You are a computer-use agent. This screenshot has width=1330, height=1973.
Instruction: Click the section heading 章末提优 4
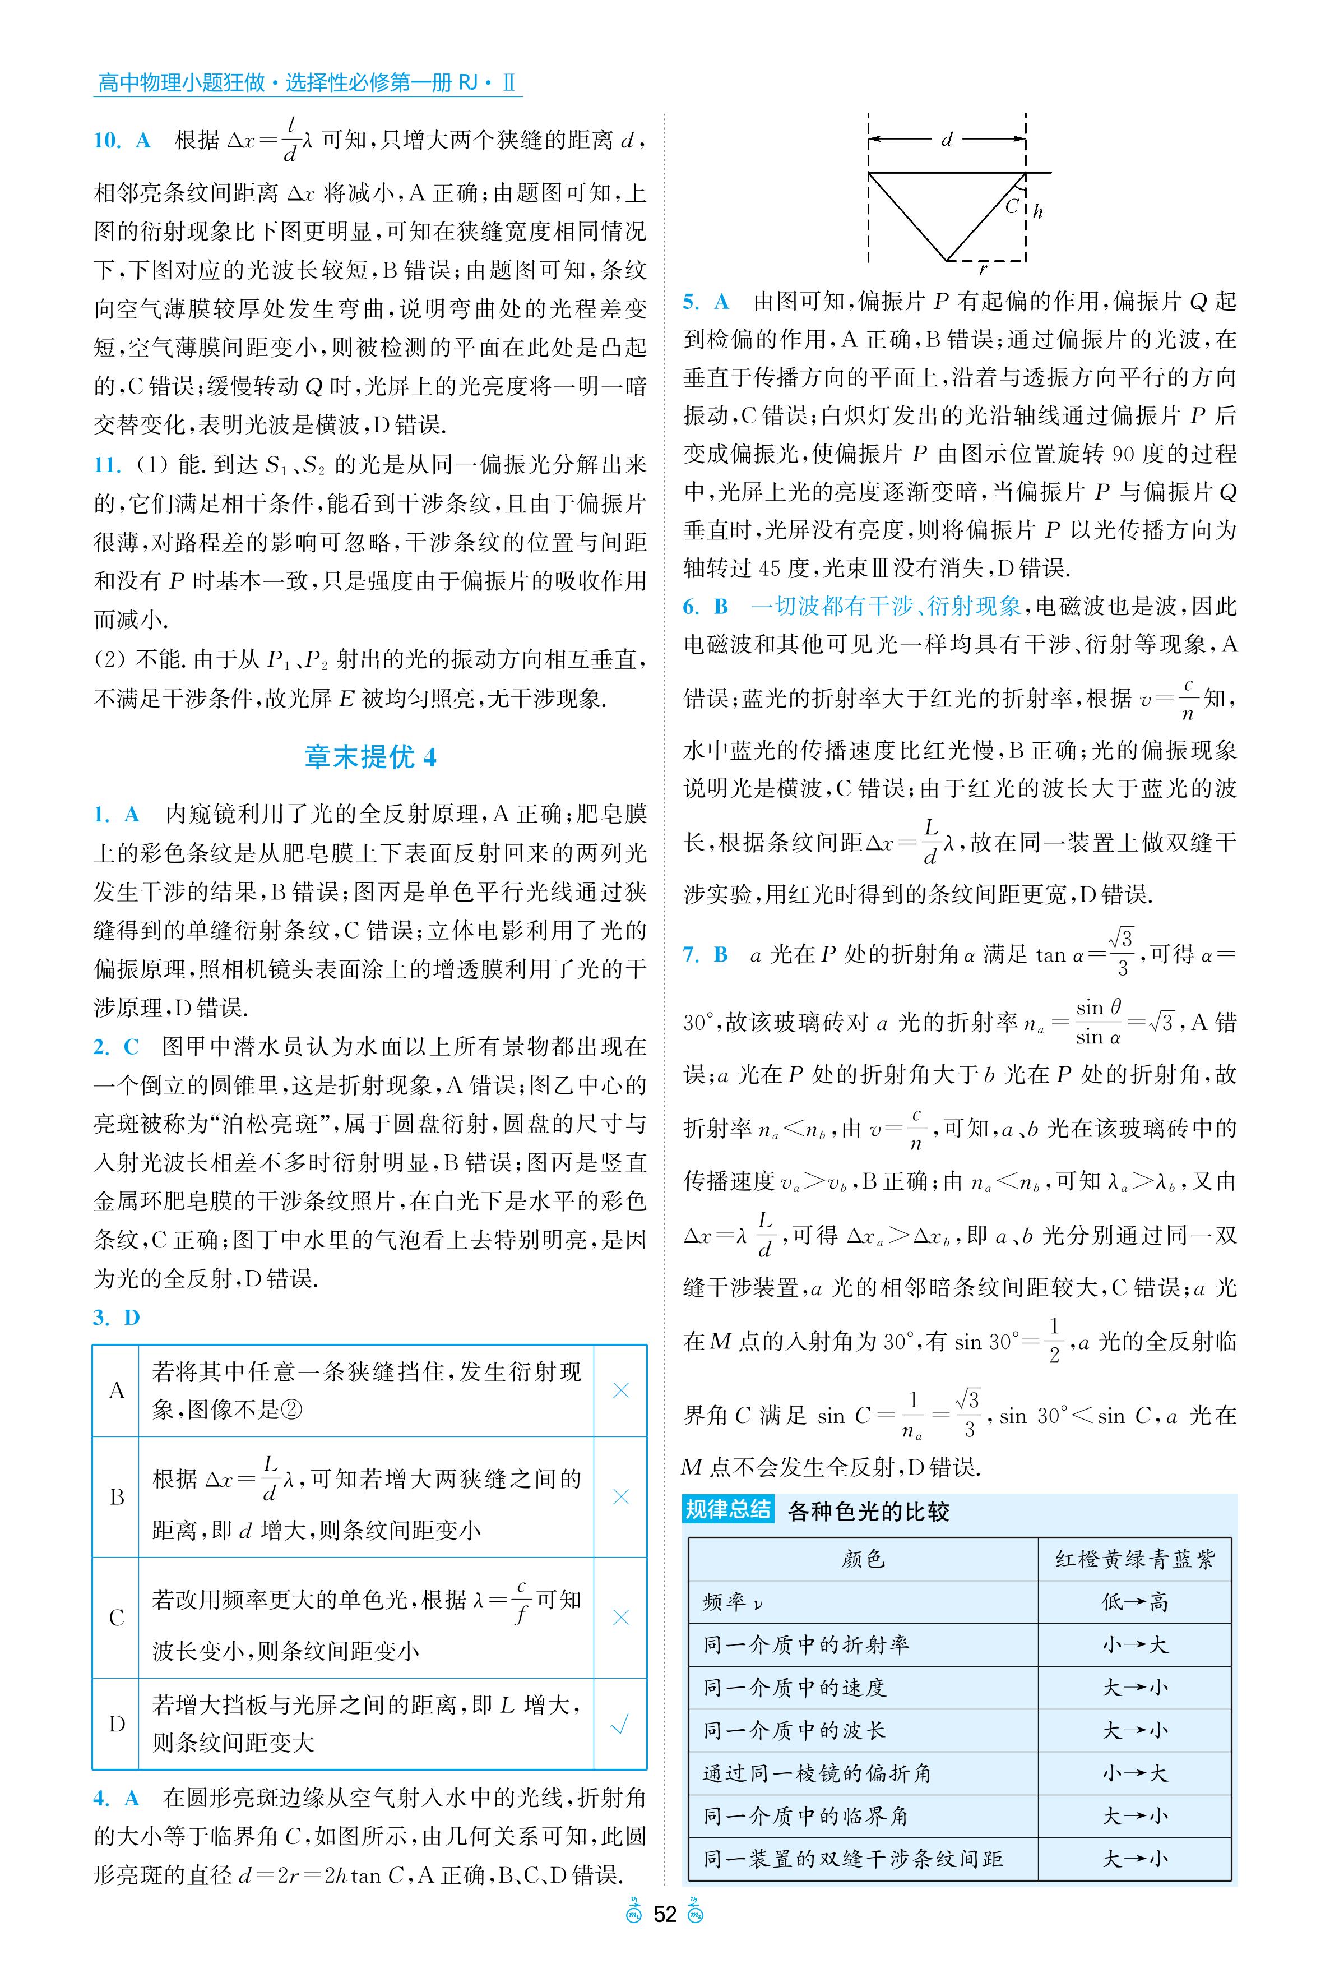(370, 756)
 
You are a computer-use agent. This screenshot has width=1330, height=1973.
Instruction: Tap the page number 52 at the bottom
(665, 1915)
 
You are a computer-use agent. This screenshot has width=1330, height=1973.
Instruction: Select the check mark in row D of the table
(620, 1724)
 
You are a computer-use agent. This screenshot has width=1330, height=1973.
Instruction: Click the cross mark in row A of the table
(620, 1390)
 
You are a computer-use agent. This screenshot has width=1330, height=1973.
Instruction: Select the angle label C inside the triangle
(1011, 205)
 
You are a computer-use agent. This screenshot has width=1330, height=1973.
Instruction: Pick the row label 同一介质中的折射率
(806, 1644)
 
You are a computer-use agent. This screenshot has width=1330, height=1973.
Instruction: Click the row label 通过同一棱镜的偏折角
(817, 1773)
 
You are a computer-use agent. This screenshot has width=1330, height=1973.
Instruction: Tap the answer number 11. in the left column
(107, 465)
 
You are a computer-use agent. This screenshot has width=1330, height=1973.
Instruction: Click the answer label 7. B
(706, 955)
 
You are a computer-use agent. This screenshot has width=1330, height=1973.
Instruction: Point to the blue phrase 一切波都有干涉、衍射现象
(886, 606)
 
